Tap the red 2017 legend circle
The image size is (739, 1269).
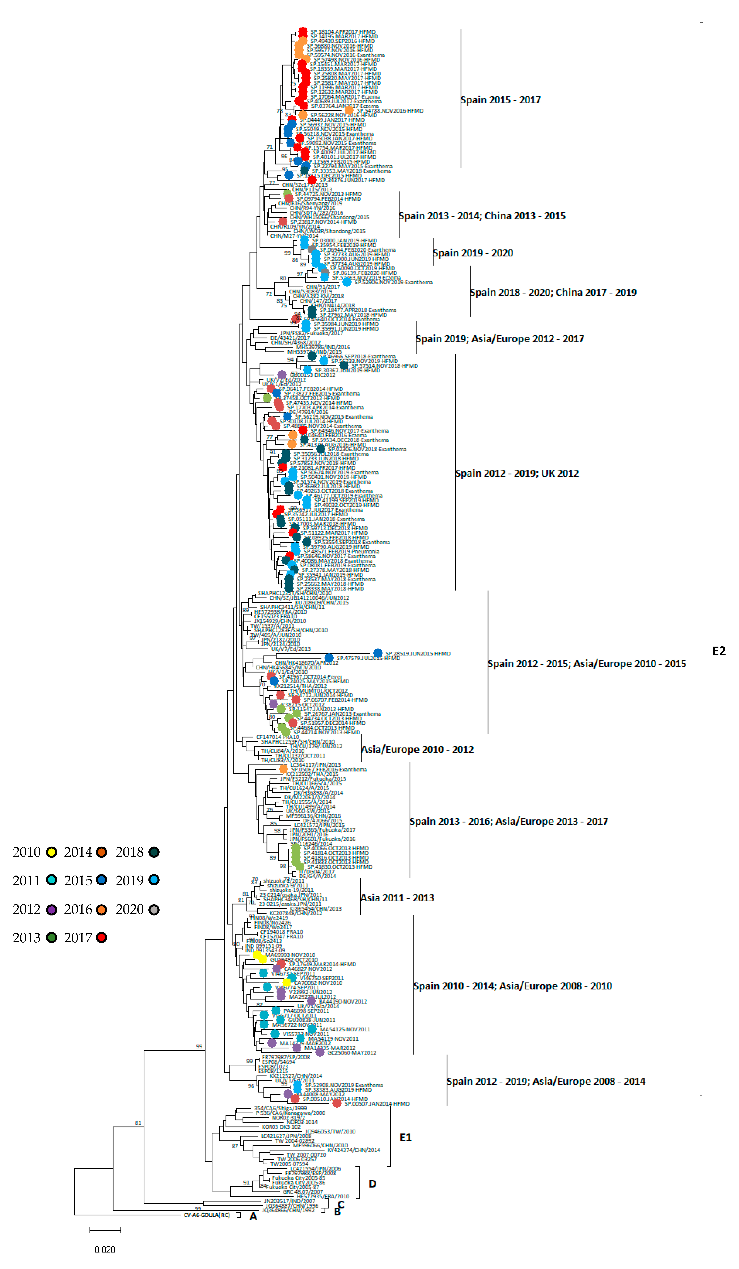coord(102,938)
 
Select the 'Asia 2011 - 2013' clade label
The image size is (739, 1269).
coord(397,898)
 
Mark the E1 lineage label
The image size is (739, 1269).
coord(406,1137)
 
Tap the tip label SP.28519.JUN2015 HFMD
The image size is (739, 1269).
coord(418,654)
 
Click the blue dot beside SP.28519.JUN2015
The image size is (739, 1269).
coord(377,653)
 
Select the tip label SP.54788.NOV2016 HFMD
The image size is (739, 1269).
coord(390,111)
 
